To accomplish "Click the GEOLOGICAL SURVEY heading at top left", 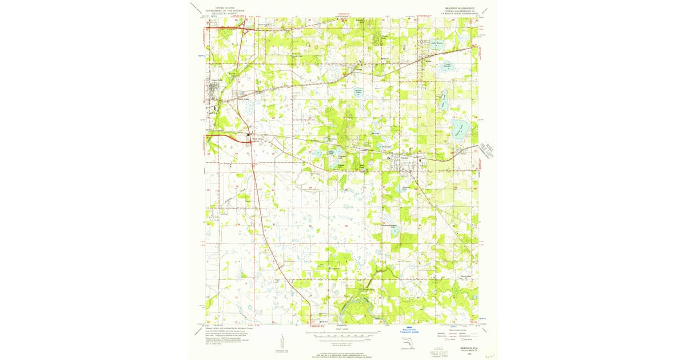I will pyautogui.click(x=224, y=14).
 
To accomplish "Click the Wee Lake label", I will pyautogui.click(x=375, y=134).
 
